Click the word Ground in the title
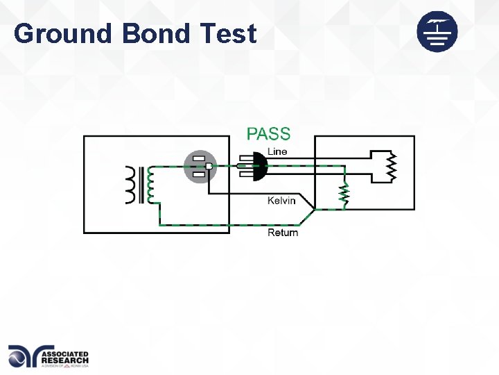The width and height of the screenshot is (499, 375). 62,33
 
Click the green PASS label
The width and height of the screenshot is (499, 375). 269,133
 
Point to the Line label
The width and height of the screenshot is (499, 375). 277,151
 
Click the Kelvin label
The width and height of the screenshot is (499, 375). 281,201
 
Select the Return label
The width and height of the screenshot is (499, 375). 283,232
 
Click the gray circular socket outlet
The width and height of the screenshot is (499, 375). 200,167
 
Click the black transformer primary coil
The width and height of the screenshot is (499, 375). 131,185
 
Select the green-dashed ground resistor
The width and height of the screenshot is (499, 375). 342,197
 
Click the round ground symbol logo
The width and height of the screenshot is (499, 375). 437,31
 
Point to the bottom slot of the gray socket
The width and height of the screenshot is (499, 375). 199,174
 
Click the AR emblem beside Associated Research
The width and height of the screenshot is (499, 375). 24,356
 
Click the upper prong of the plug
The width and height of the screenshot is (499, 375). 243,158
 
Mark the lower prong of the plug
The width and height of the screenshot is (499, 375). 243,174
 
